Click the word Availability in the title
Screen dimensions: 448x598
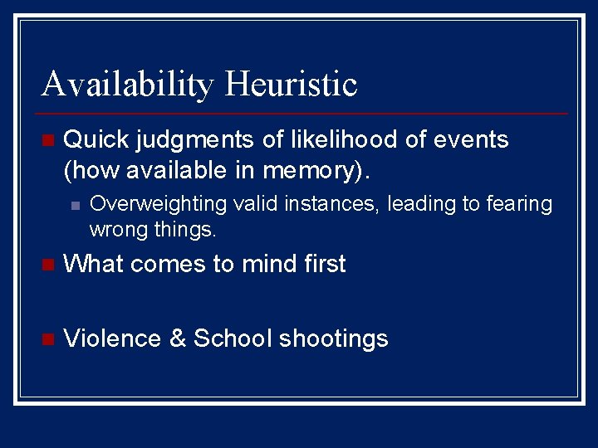click(126, 84)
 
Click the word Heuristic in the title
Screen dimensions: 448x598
click(290, 84)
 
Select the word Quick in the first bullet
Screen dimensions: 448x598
click(91, 139)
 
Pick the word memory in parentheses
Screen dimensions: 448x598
click(311, 170)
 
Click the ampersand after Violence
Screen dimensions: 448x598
click(178, 338)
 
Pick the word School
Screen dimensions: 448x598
click(233, 338)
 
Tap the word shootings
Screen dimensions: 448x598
click(334, 339)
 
